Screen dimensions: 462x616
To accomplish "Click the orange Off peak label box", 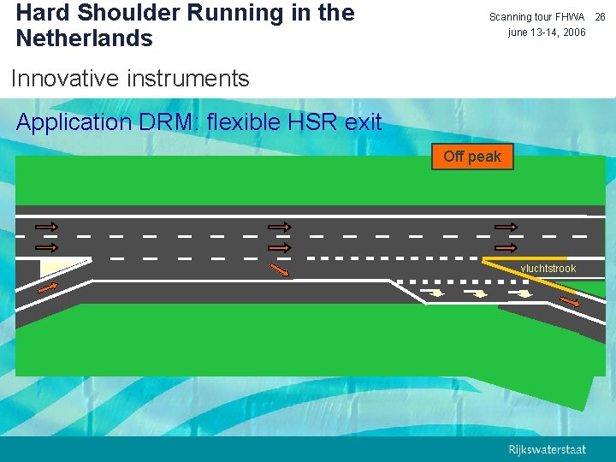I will tap(472, 157).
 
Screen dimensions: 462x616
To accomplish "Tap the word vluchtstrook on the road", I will tap(548, 269).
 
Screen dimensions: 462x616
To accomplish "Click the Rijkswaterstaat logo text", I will tap(548, 450).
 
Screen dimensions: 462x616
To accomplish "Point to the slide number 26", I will tap(600, 17).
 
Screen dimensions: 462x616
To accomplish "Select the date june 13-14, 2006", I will tap(547, 33).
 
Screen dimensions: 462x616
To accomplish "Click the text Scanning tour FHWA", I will tap(536, 17).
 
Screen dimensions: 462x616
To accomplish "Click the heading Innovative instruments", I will tap(130, 79).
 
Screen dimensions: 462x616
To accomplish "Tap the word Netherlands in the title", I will tap(84, 38).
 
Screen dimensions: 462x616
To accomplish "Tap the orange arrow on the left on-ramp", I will tap(49, 287).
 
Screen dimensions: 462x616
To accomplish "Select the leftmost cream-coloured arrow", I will tap(435, 293).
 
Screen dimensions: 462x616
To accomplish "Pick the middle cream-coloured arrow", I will tap(480, 294).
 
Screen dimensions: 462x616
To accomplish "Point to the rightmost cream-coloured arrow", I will tap(523, 296).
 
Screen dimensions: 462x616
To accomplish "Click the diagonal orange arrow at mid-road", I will tap(280, 270).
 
